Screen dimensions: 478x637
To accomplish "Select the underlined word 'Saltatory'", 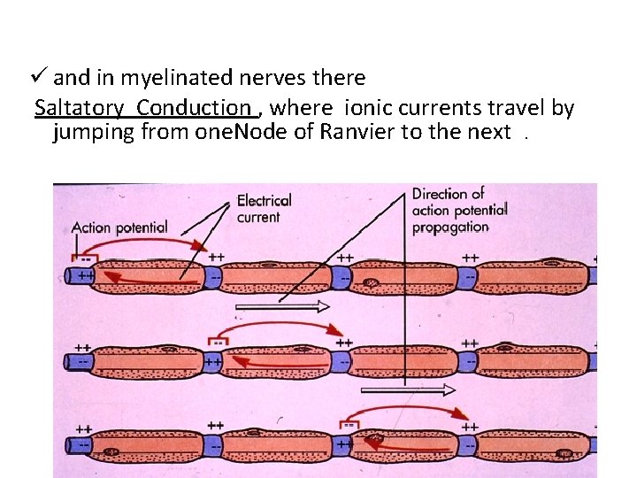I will (80, 108).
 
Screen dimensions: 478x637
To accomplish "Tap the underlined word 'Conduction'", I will (194, 108).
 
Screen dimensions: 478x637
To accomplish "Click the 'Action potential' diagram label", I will (119, 227).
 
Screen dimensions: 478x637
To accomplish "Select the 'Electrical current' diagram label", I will (264, 208).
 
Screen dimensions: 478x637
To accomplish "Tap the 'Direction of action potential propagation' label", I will (458, 210).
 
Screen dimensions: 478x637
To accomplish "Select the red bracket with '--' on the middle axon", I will (217, 341).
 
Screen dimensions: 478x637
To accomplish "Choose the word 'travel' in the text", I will (518, 108).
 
